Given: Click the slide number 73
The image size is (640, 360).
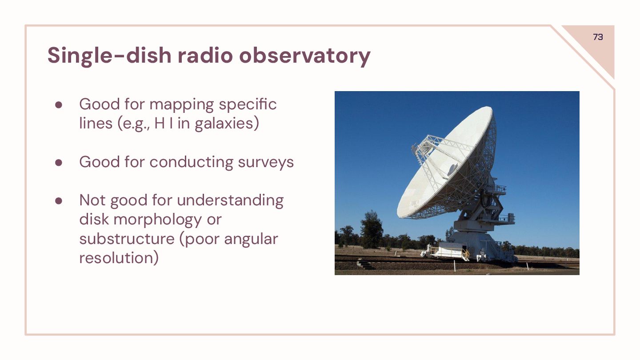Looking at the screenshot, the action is (598, 37).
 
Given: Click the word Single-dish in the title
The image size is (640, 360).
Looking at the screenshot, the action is (109, 56).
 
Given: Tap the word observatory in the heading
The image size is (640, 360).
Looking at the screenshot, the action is (304, 56).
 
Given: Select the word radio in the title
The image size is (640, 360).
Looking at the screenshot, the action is (205, 56).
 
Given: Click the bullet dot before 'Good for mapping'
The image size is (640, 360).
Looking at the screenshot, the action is (59, 105).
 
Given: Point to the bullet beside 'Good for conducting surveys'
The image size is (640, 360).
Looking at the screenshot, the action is (59, 163).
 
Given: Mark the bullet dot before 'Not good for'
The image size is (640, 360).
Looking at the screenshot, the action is (59, 201).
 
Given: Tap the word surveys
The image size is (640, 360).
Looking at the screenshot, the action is (266, 162).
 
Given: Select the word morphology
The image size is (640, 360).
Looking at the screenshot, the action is (158, 220).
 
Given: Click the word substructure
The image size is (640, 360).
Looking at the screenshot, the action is (127, 239).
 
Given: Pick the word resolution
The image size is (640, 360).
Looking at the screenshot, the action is (119, 258).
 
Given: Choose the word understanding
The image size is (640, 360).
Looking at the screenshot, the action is (230, 201).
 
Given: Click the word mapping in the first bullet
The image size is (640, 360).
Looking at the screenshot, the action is (181, 105).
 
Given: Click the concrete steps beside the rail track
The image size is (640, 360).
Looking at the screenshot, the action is (365, 264).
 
